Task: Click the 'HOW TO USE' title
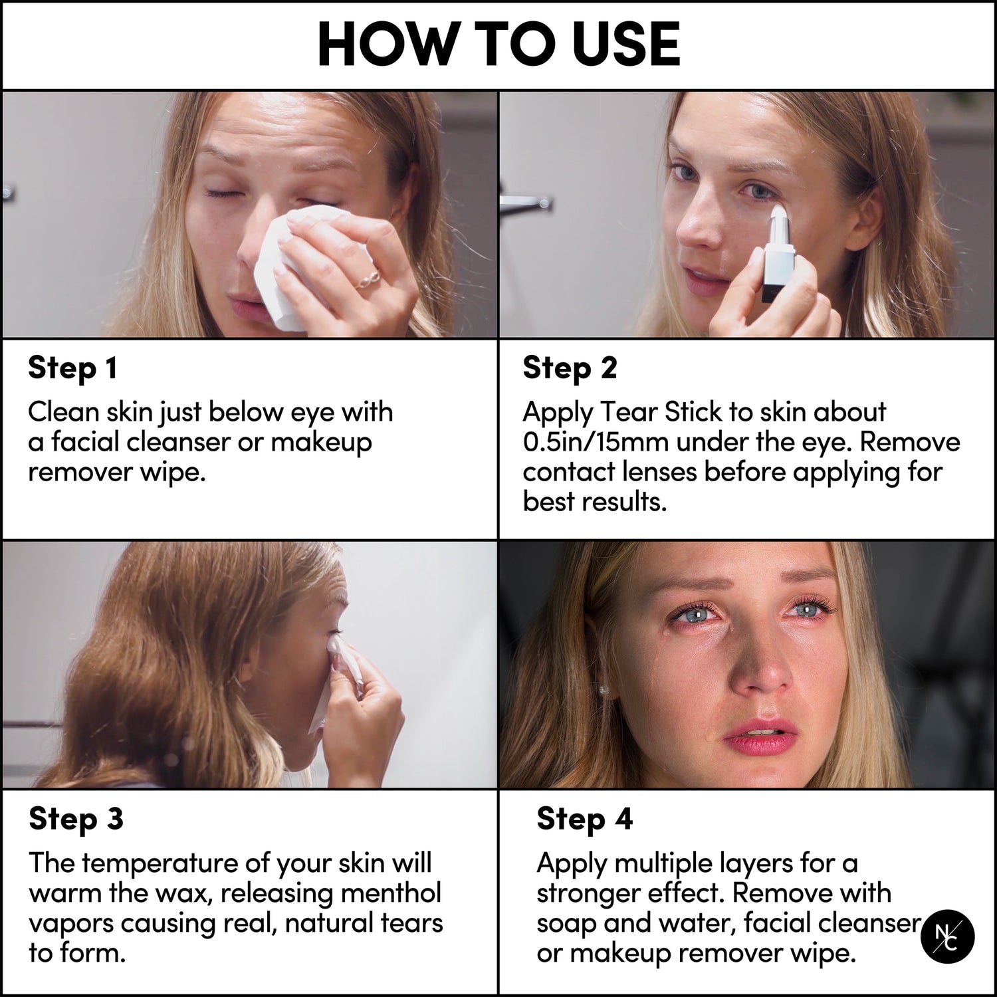click(498, 45)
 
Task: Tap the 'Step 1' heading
click(72, 368)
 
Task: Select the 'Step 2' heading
click(570, 368)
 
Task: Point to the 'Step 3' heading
click(76, 819)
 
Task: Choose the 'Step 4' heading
click(584, 819)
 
